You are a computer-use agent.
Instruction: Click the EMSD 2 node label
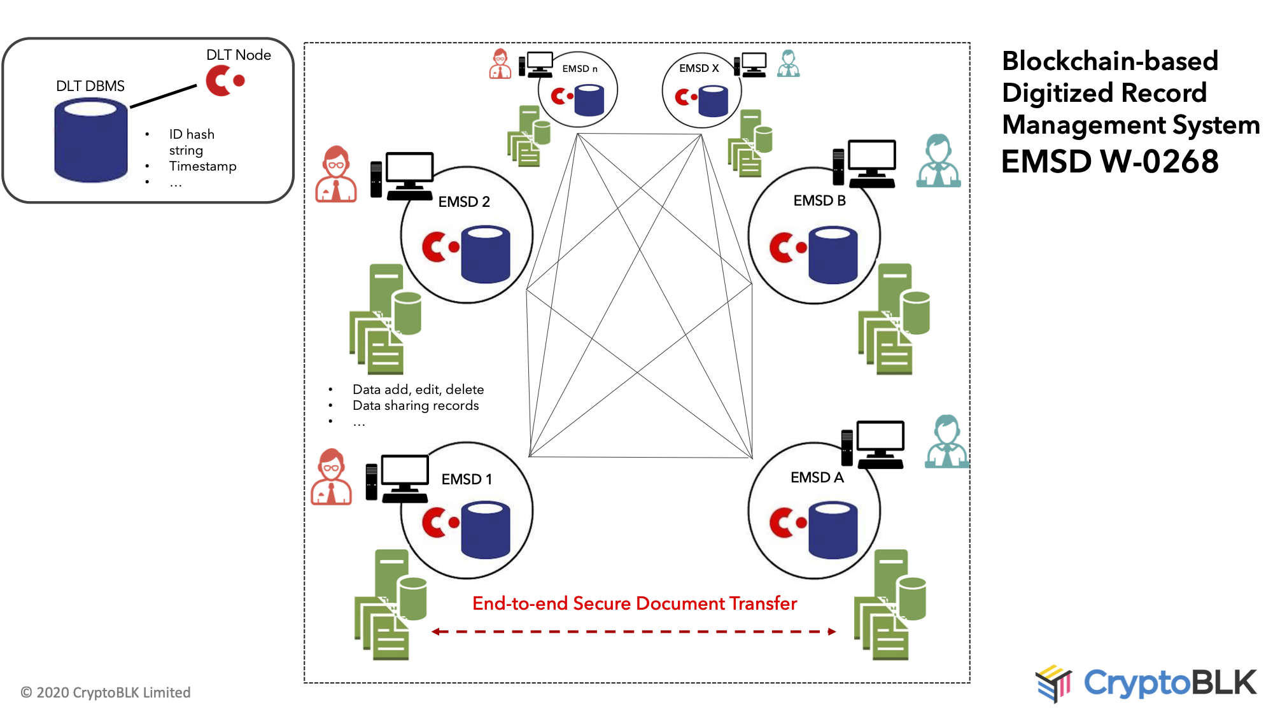pyautogui.click(x=464, y=202)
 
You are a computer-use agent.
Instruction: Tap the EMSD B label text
pyautogui.click(x=819, y=200)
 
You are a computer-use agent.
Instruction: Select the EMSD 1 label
pyautogui.click(x=467, y=479)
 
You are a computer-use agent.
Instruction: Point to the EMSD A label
pyautogui.click(x=817, y=477)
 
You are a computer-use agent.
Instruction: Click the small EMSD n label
pyautogui.click(x=579, y=69)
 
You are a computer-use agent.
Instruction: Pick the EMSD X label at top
pyautogui.click(x=698, y=68)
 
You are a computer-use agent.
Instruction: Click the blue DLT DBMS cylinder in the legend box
pyautogui.click(x=90, y=141)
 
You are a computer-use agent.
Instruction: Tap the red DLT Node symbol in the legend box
pyautogui.click(x=224, y=81)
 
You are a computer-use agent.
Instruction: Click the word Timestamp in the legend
pyautogui.click(x=202, y=166)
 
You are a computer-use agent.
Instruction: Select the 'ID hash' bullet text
pyautogui.click(x=192, y=134)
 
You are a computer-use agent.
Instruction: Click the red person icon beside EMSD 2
pyautogui.click(x=335, y=174)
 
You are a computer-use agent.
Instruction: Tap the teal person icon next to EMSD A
pyautogui.click(x=946, y=442)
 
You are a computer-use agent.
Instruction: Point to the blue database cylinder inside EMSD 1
pyautogui.click(x=485, y=530)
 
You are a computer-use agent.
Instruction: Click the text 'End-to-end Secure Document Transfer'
pyautogui.click(x=634, y=603)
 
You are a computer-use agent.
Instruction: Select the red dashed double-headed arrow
pyautogui.click(x=633, y=631)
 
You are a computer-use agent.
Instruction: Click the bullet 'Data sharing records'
pyautogui.click(x=416, y=405)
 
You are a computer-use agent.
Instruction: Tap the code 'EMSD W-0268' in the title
pyautogui.click(x=1109, y=161)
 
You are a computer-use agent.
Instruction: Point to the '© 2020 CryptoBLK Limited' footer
pyautogui.click(x=106, y=692)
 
